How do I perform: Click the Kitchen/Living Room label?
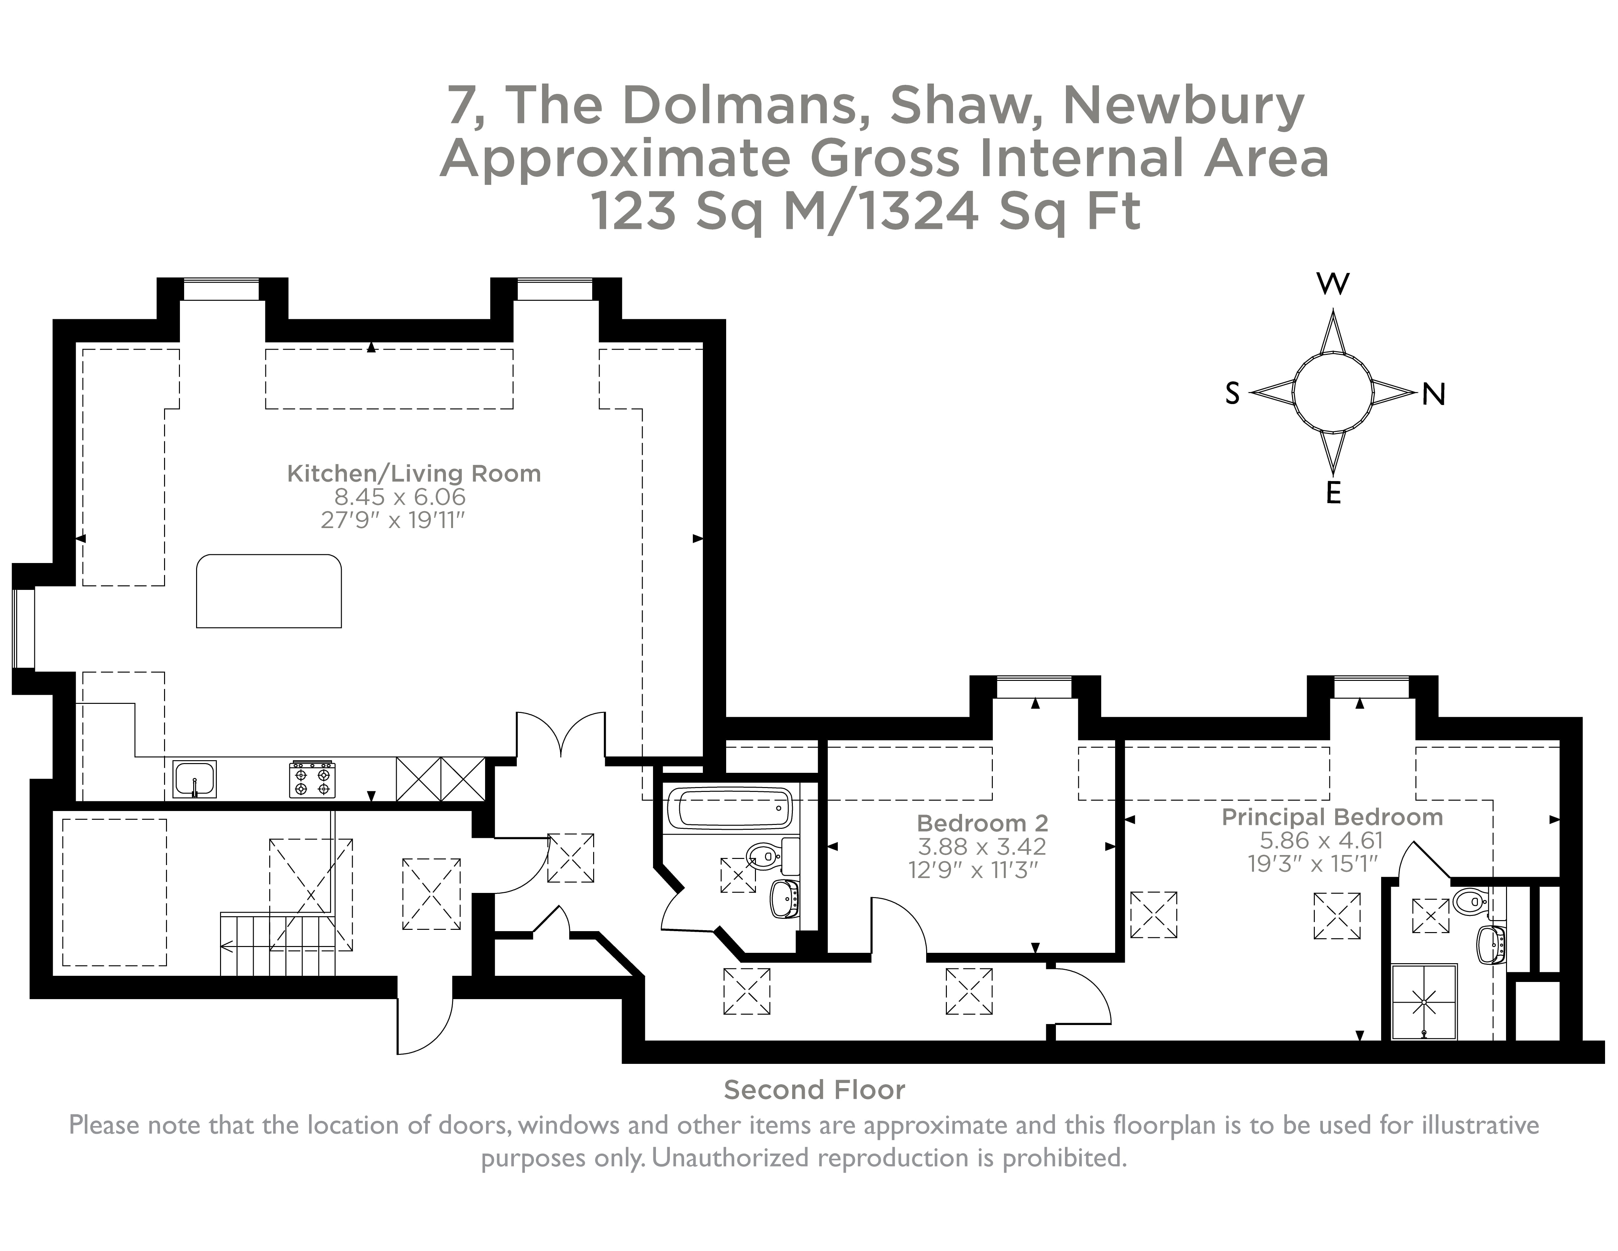[x=413, y=474]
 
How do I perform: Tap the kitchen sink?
[x=194, y=779]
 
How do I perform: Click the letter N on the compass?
[x=1434, y=395]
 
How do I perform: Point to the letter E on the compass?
[x=1334, y=492]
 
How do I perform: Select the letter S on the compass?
[x=1232, y=394]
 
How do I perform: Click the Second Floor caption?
[x=814, y=1090]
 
